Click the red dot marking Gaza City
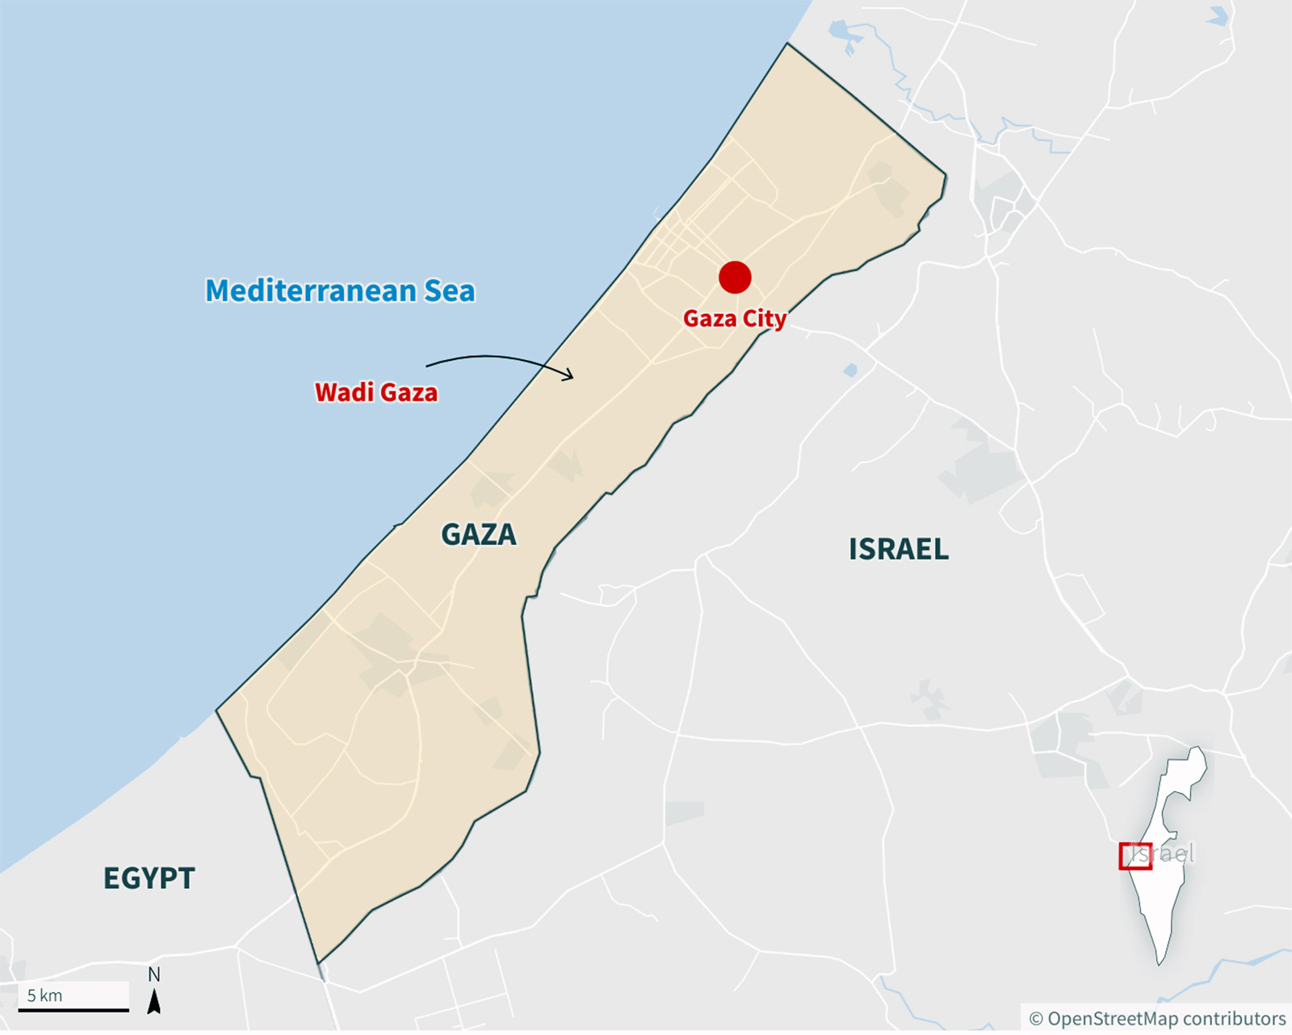click(x=735, y=277)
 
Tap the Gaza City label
click(x=734, y=319)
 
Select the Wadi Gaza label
click(x=376, y=392)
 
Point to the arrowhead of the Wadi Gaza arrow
click(x=570, y=375)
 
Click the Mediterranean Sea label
click(x=340, y=291)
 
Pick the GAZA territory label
click(x=479, y=534)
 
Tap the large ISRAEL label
click(x=899, y=550)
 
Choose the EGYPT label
click(x=149, y=878)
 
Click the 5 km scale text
click(x=45, y=995)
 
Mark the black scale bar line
click(x=73, y=1009)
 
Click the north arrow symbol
click(x=153, y=1002)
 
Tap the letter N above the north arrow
click(x=153, y=974)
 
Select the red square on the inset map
click(x=1135, y=856)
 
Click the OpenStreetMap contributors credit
click(x=1158, y=1019)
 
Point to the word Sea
click(x=450, y=291)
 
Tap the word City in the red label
click(x=764, y=319)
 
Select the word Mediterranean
click(x=311, y=291)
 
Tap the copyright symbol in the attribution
click(x=1036, y=1020)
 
